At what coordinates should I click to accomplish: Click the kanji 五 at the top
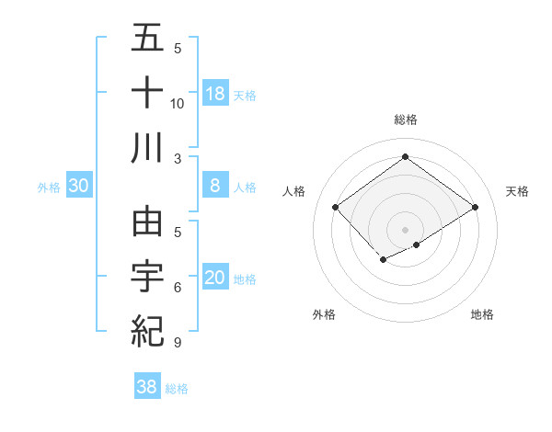pyautogui.click(x=147, y=39)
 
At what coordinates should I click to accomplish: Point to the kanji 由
pyautogui.click(x=147, y=223)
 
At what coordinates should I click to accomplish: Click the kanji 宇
pyautogui.click(x=147, y=277)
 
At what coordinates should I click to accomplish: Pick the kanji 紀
pyautogui.click(x=147, y=331)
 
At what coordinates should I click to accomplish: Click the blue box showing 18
pyautogui.click(x=215, y=93)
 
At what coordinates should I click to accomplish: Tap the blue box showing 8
pyautogui.click(x=215, y=186)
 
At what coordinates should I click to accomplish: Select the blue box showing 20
pyautogui.click(x=215, y=278)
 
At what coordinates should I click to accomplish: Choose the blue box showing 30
pyautogui.click(x=79, y=186)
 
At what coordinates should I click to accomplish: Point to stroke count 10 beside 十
pyautogui.click(x=178, y=103)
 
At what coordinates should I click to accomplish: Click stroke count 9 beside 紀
pyautogui.click(x=178, y=343)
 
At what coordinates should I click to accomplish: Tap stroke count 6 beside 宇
pyautogui.click(x=178, y=288)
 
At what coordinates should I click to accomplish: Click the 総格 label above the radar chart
pyautogui.click(x=406, y=119)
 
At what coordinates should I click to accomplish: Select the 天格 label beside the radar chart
pyautogui.click(x=518, y=191)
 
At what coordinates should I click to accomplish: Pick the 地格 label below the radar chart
pyautogui.click(x=482, y=314)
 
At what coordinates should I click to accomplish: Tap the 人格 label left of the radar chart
pyautogui.click(x=294, y=191)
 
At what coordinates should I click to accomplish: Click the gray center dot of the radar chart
pyautogui.click(x=406, y=229)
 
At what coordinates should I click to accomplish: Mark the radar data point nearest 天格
pyautogui.click(x=475, y=208)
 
